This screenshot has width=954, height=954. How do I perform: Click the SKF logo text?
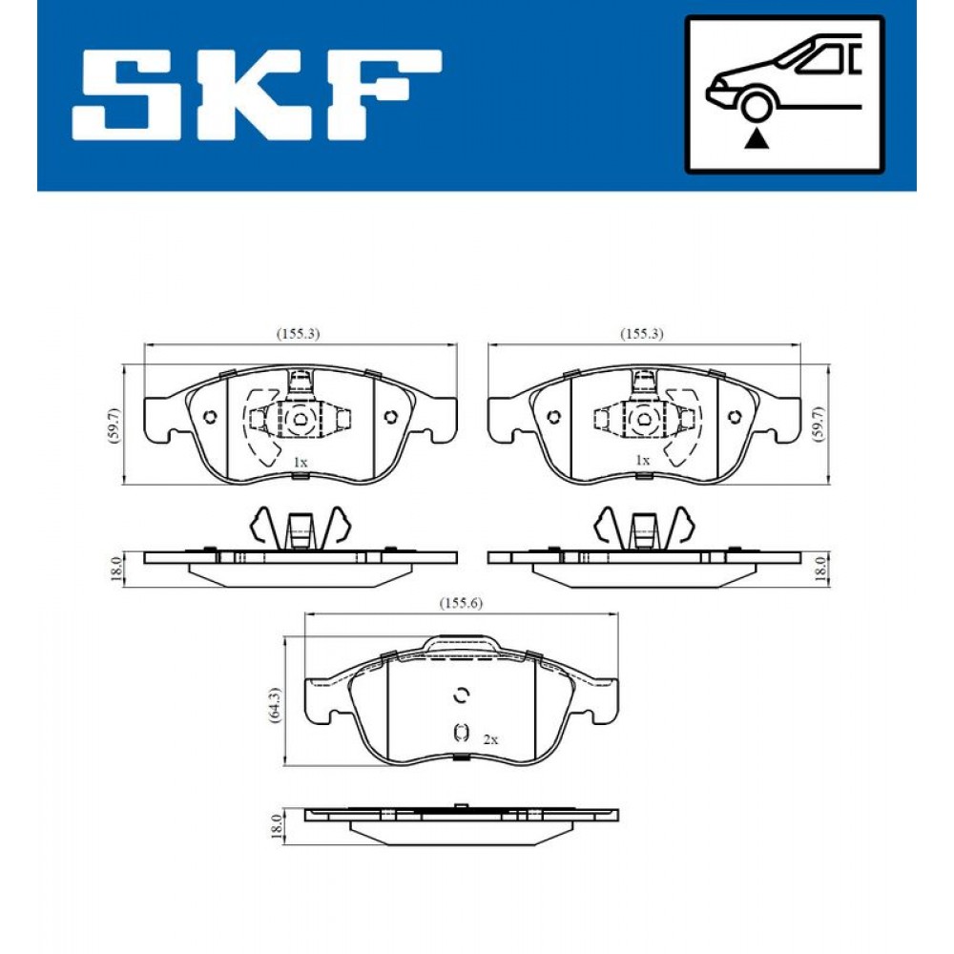point(256,94)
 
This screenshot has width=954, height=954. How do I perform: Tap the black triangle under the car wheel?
point(757,138)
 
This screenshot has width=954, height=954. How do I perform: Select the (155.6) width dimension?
point(461,603)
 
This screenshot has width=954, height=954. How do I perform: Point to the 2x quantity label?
point(489,739)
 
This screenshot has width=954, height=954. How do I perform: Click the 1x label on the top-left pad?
point(300,463)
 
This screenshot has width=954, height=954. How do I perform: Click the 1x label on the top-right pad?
point(642,461)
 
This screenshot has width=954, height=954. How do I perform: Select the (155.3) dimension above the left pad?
point(298,333)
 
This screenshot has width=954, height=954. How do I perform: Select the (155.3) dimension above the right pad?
point(641,333)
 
